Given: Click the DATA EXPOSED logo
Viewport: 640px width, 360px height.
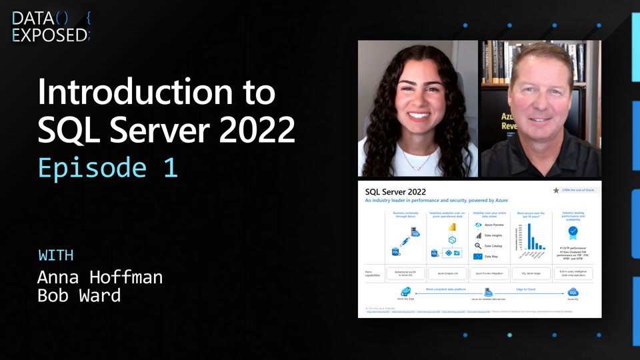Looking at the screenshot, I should (x=51, y=27).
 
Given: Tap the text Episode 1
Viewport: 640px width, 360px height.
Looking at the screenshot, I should (x=107, y=167).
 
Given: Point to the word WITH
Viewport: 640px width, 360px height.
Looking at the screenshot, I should (x=56, y=255).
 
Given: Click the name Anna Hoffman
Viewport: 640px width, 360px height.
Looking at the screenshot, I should (x=99, y=277).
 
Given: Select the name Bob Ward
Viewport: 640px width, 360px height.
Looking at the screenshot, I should (x=79, y=295).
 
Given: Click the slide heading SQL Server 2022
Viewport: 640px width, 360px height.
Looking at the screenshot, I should (x=395, y=192).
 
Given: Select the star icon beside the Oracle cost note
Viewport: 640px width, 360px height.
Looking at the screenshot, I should (x=556, y=190).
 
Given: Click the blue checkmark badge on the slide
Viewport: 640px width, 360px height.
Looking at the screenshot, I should (x=573, y=232).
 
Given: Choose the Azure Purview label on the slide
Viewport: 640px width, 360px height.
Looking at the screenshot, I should (x=494, y=225).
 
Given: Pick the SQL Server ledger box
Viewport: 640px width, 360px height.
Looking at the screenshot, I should (x=531, y=273).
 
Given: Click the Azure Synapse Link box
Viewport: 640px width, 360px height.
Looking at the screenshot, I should (x=446, y=273).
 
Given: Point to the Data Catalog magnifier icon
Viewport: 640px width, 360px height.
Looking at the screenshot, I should (x=478, y=246).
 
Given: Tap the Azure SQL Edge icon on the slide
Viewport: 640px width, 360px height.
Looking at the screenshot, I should (x=405, y=292).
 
